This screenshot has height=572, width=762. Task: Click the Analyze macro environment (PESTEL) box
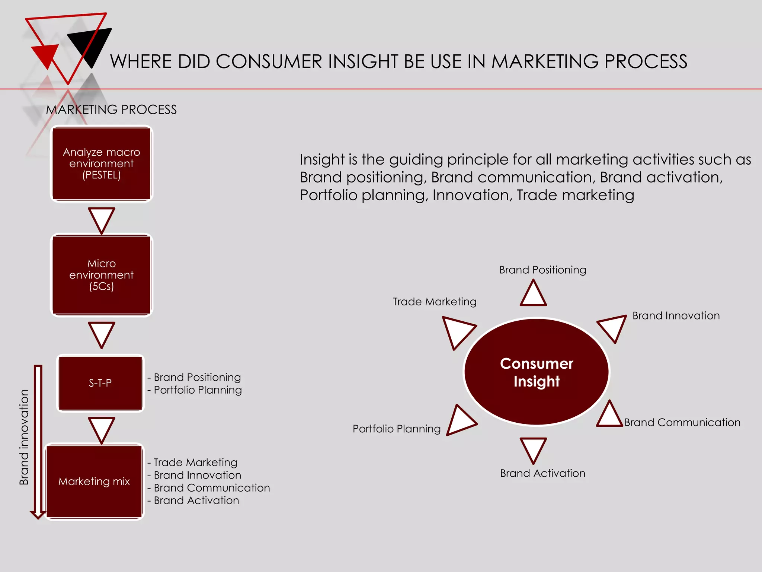coord(101,163)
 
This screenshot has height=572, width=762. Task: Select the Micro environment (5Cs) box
coord(101,275)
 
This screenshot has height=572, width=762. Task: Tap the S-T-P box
coord(100,383)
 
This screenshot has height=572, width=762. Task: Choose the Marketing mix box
coord(94,481)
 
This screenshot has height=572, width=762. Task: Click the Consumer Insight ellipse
coord(536,372)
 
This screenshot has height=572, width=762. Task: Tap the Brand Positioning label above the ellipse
coord(542,270)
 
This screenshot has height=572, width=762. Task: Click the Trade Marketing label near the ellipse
coord(435,301)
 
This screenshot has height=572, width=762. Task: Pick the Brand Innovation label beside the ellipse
coord(676,315)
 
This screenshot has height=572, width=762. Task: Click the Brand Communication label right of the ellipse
coord(682,422)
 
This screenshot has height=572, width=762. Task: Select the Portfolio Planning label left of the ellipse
coord(397,429)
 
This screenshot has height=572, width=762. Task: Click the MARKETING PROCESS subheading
coord(111,109)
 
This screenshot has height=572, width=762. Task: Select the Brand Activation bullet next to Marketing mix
coord(196,500)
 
